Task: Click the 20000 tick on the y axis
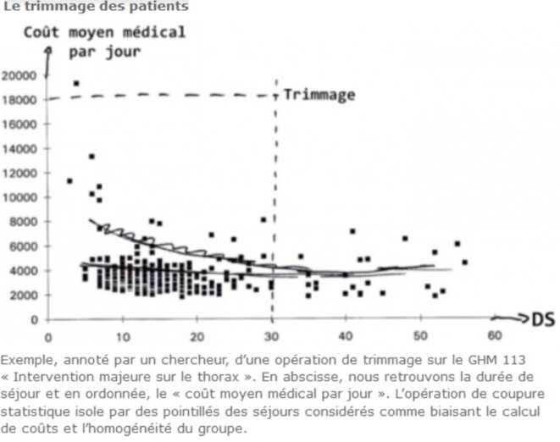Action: (20, 75)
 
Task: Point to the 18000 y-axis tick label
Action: (20, 100)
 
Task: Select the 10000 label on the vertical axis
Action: (20, 197)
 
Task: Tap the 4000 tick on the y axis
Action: (24, 271)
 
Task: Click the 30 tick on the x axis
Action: (272, 334)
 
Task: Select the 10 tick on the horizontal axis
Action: (124, 334)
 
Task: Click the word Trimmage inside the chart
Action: (319, 94)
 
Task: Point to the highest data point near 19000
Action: (76, 83)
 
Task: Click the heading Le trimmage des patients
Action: (96, 7)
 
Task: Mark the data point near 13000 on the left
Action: (91, 156)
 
